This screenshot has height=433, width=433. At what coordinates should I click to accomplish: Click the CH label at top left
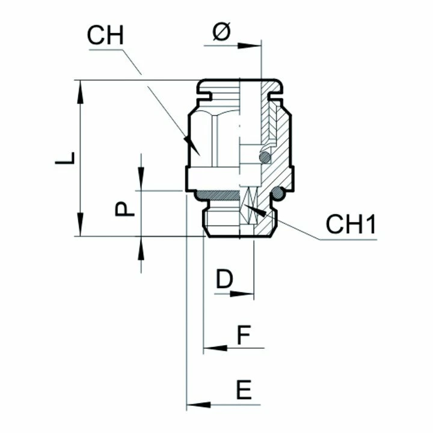[x=105, y=35]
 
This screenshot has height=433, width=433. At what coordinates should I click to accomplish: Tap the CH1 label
[x=351, y=224]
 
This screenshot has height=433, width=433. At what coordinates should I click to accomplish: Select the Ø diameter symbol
[x=222, y=32]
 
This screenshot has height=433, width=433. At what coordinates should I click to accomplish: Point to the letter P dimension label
[x=124, y=209]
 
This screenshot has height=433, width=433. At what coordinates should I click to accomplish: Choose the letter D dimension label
[x=224, y=279]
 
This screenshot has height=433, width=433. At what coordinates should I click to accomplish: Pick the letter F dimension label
[x=244, y=335]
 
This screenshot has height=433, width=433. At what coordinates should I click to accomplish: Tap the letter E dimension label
[x=244, y=390]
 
